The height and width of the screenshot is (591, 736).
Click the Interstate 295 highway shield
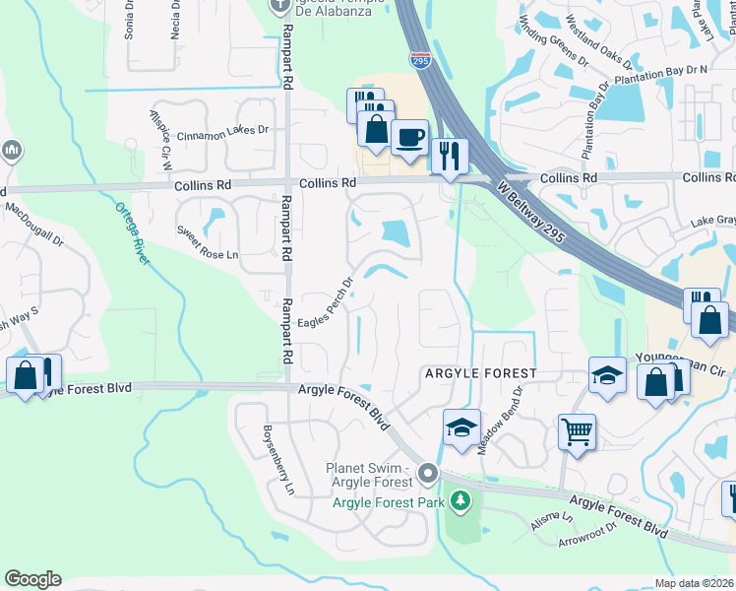coord(421,60)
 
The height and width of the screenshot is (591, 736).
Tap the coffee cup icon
coord(408,136)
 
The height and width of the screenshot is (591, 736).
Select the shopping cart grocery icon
coord(577,429)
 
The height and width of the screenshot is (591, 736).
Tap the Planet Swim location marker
coord(427,475)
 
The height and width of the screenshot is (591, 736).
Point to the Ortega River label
coord(132,233)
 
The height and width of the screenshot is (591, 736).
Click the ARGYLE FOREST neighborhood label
coord(480,373)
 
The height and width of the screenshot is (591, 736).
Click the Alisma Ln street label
coord(552,521)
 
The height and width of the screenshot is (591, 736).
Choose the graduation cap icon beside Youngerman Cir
coord(607,374)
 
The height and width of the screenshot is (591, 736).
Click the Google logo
coord(32,579)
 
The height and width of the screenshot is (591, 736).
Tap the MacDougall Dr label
coord(33,211)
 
